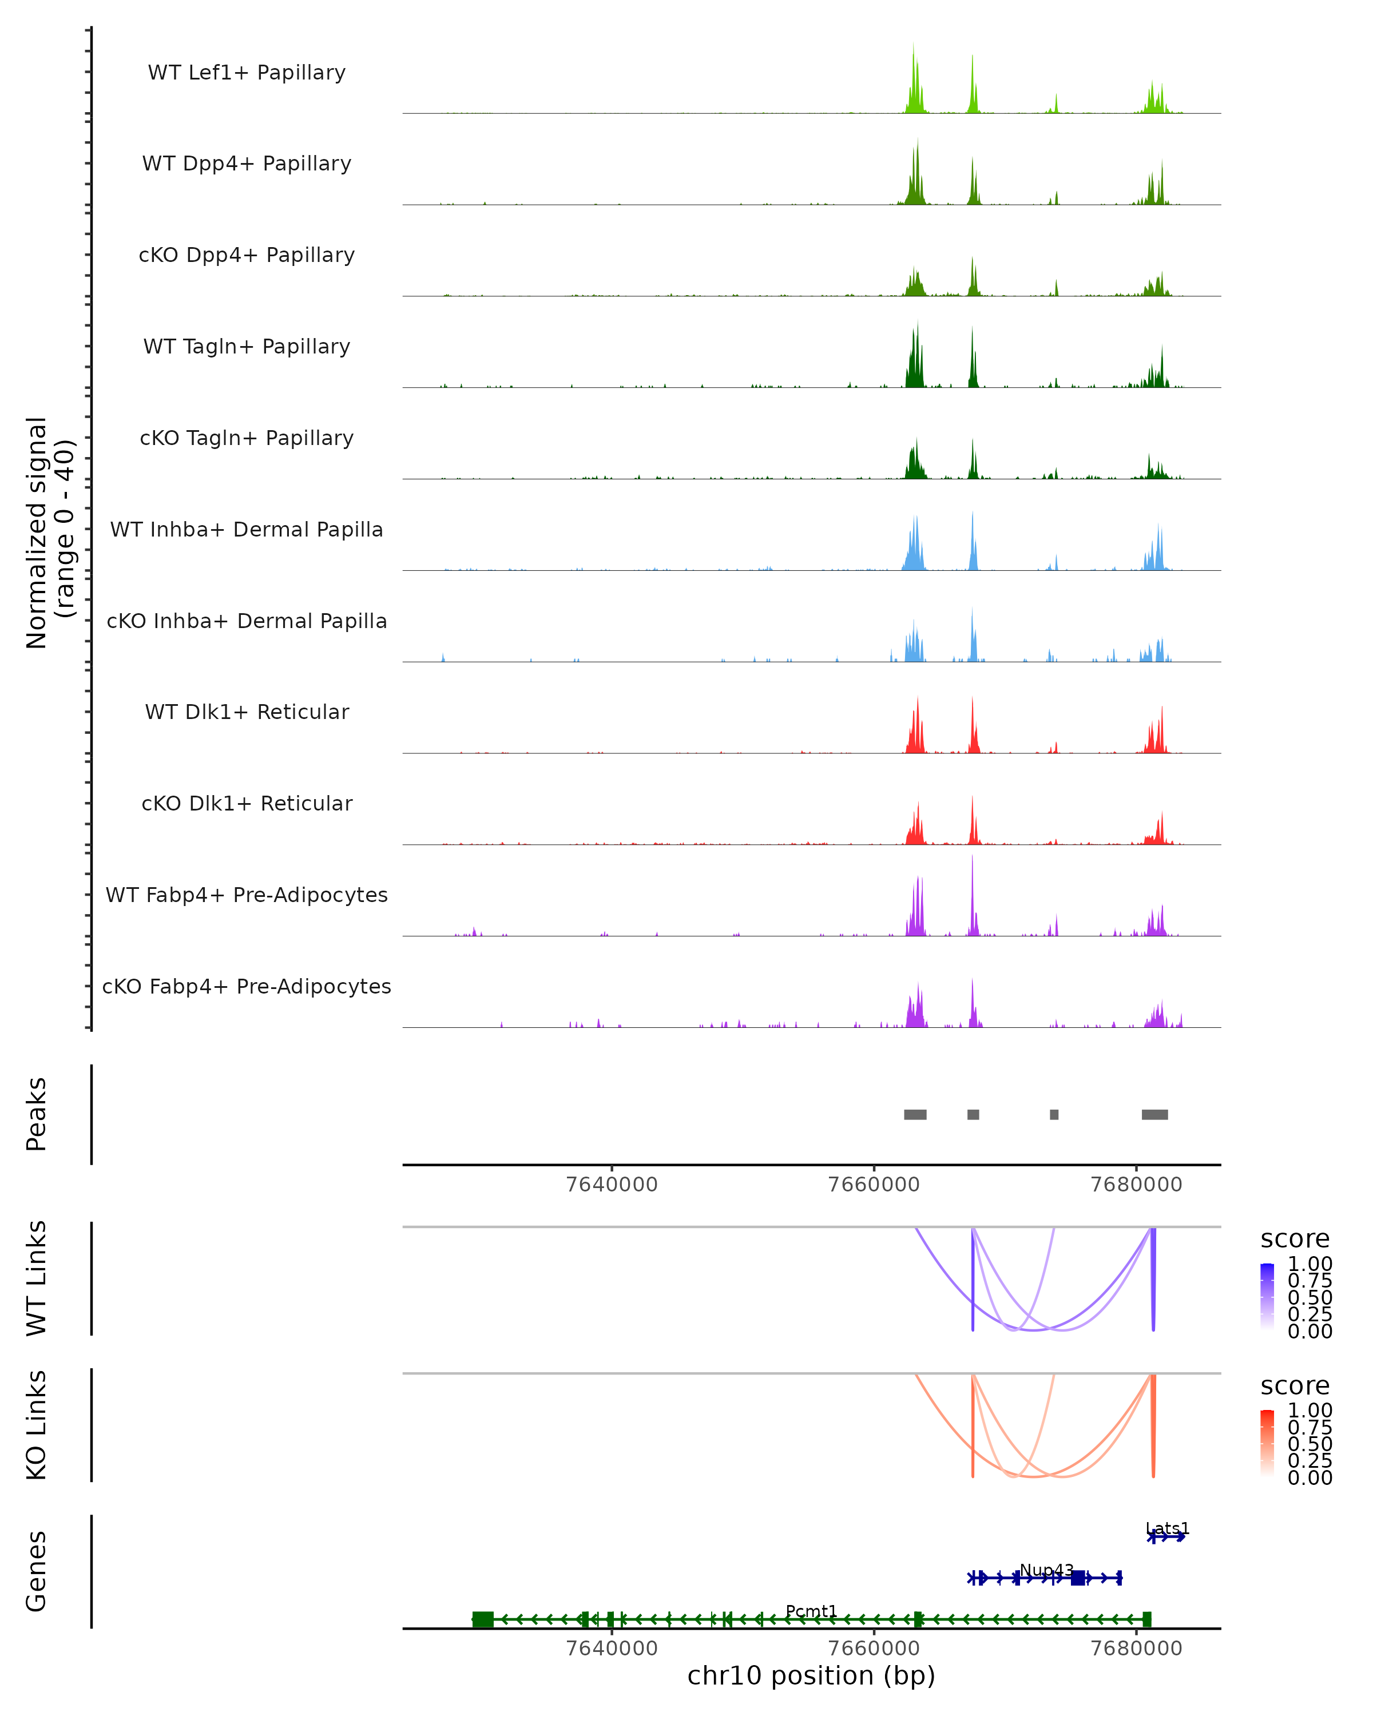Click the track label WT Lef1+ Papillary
[247, 73]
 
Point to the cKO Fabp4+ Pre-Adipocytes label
[247, 986]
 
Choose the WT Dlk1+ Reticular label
[247, 712]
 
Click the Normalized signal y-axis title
[49, 533]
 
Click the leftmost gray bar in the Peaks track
[915, 1114]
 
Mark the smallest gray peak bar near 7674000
[1054, 1114]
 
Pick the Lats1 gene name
[1167, 1528]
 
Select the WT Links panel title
[37, 1278]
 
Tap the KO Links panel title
[37, 1425]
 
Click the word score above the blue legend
[1295, 1240]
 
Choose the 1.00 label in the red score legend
[1310, 1411]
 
